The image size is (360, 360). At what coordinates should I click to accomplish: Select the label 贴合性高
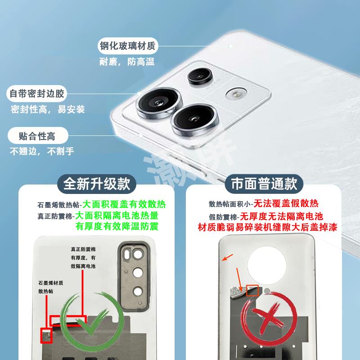click(x=37, y=135)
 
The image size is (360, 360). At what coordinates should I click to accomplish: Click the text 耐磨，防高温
click(x=127, y=62)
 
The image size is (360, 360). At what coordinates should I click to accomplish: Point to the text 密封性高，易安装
click(x=48, y=109)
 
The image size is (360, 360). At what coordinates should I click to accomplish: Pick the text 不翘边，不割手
click(x=42, y=151)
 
